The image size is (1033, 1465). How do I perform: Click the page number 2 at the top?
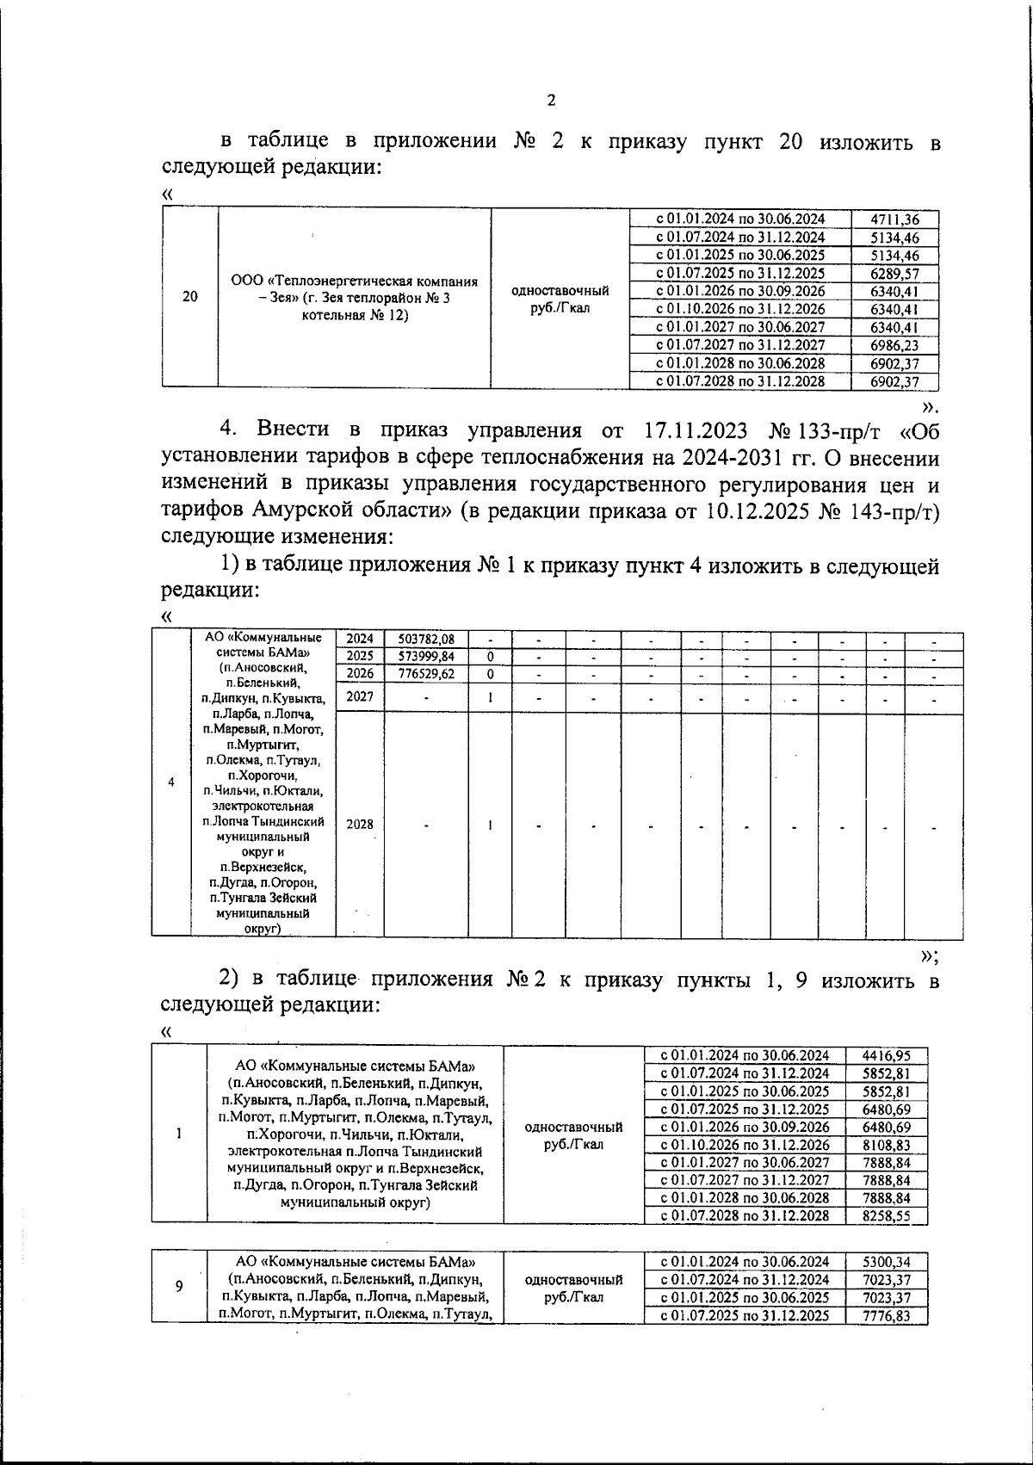click(551, 100)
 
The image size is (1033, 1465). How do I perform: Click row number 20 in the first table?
click(190, 297)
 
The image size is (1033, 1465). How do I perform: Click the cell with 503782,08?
click(426, 639)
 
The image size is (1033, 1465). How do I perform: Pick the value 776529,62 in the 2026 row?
click(426, 674)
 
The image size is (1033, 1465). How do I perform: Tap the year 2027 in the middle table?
click(360, 696)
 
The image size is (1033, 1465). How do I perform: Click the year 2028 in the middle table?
click(360, 824)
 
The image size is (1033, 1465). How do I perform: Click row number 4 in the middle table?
click(172, 782)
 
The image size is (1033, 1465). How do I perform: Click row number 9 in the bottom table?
click(179, 1286)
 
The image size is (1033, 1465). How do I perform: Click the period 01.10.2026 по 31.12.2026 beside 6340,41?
click(740, 309)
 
